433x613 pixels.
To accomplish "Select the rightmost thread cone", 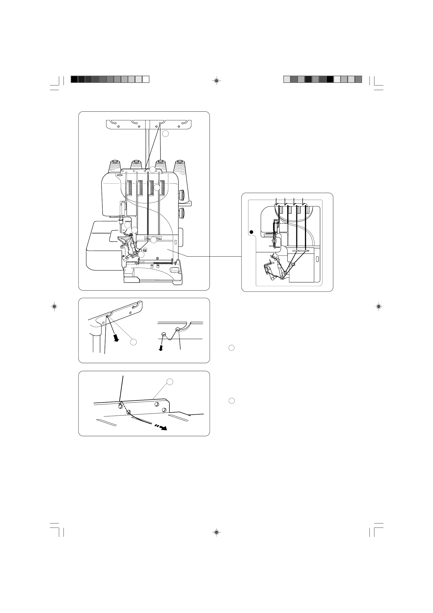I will coord(180,167).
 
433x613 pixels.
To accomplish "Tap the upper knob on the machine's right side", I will coord(183,195).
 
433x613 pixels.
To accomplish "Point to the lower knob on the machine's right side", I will coord(182,213).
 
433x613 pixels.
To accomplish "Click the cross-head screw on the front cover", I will coord(158,258).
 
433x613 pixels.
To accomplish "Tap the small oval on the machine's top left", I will coord(119,175).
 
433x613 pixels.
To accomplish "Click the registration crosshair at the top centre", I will coord(216,80).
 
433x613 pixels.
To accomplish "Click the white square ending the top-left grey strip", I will coord(146,79).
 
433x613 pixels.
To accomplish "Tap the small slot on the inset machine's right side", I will coord(317,259).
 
